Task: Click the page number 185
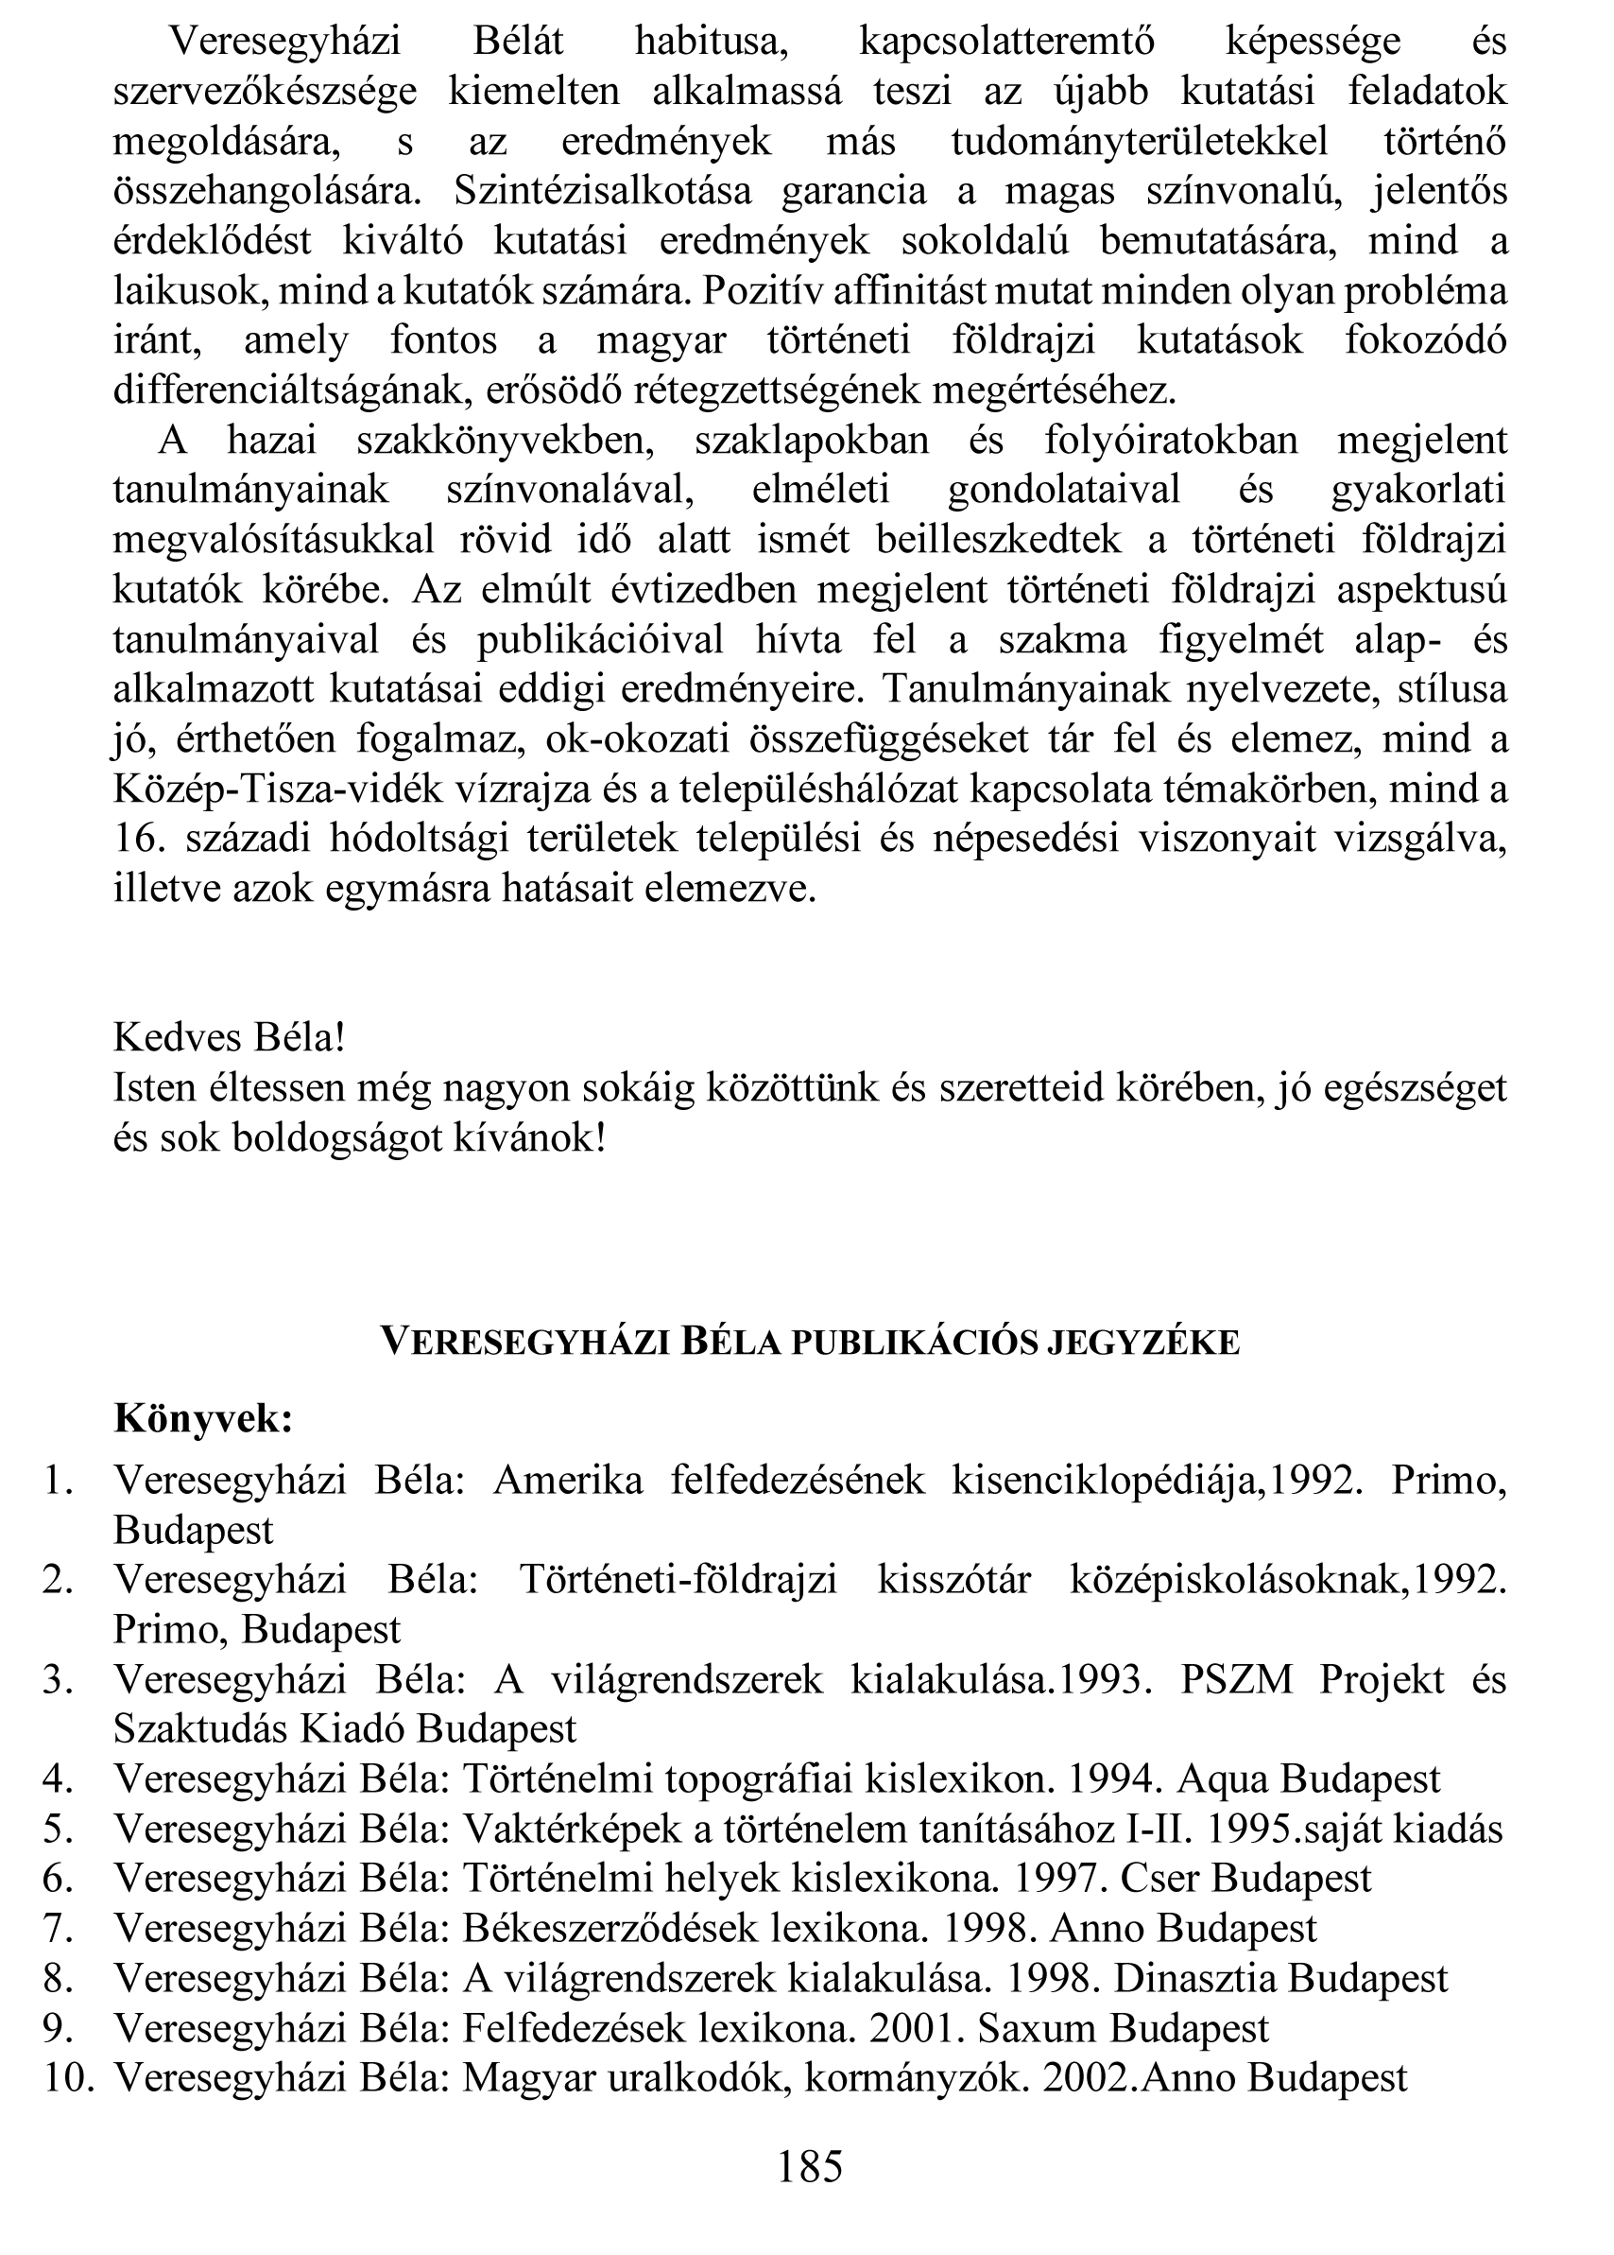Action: [x=810, y=2165]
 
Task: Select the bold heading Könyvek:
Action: [x=204, y=1418]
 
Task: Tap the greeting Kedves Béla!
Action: [x=230, y=1038]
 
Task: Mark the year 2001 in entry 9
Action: [x=910, y=2027]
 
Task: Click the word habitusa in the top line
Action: [x=711, y=42]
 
